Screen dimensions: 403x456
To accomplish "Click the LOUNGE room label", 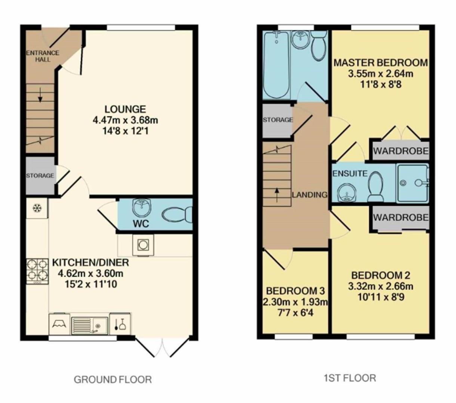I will [125, 109].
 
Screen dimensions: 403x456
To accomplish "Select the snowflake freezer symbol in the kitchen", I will [37, 208].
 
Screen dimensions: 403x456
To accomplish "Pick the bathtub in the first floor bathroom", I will [276, 65].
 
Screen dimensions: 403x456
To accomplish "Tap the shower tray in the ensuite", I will [412, 183].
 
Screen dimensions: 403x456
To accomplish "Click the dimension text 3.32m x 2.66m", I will [380, 286].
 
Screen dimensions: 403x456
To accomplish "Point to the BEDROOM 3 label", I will [295, 291].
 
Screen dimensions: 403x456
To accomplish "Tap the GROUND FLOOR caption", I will [113, 379].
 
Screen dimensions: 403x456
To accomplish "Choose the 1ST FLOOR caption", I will [349, 378].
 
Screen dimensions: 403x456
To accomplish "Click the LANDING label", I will [309, 194].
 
